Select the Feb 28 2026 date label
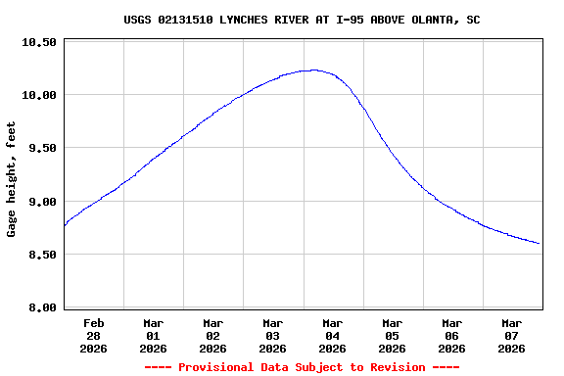click(94, 335)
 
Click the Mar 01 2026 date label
click(154, 335)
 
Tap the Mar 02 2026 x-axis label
click(213, 335)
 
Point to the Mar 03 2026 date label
click(273, 335)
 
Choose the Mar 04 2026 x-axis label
click(333, 335)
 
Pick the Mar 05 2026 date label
click(393, 335)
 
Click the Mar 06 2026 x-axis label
click(452, 335)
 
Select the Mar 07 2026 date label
click(512, 335)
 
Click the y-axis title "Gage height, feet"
click(12, 179)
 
